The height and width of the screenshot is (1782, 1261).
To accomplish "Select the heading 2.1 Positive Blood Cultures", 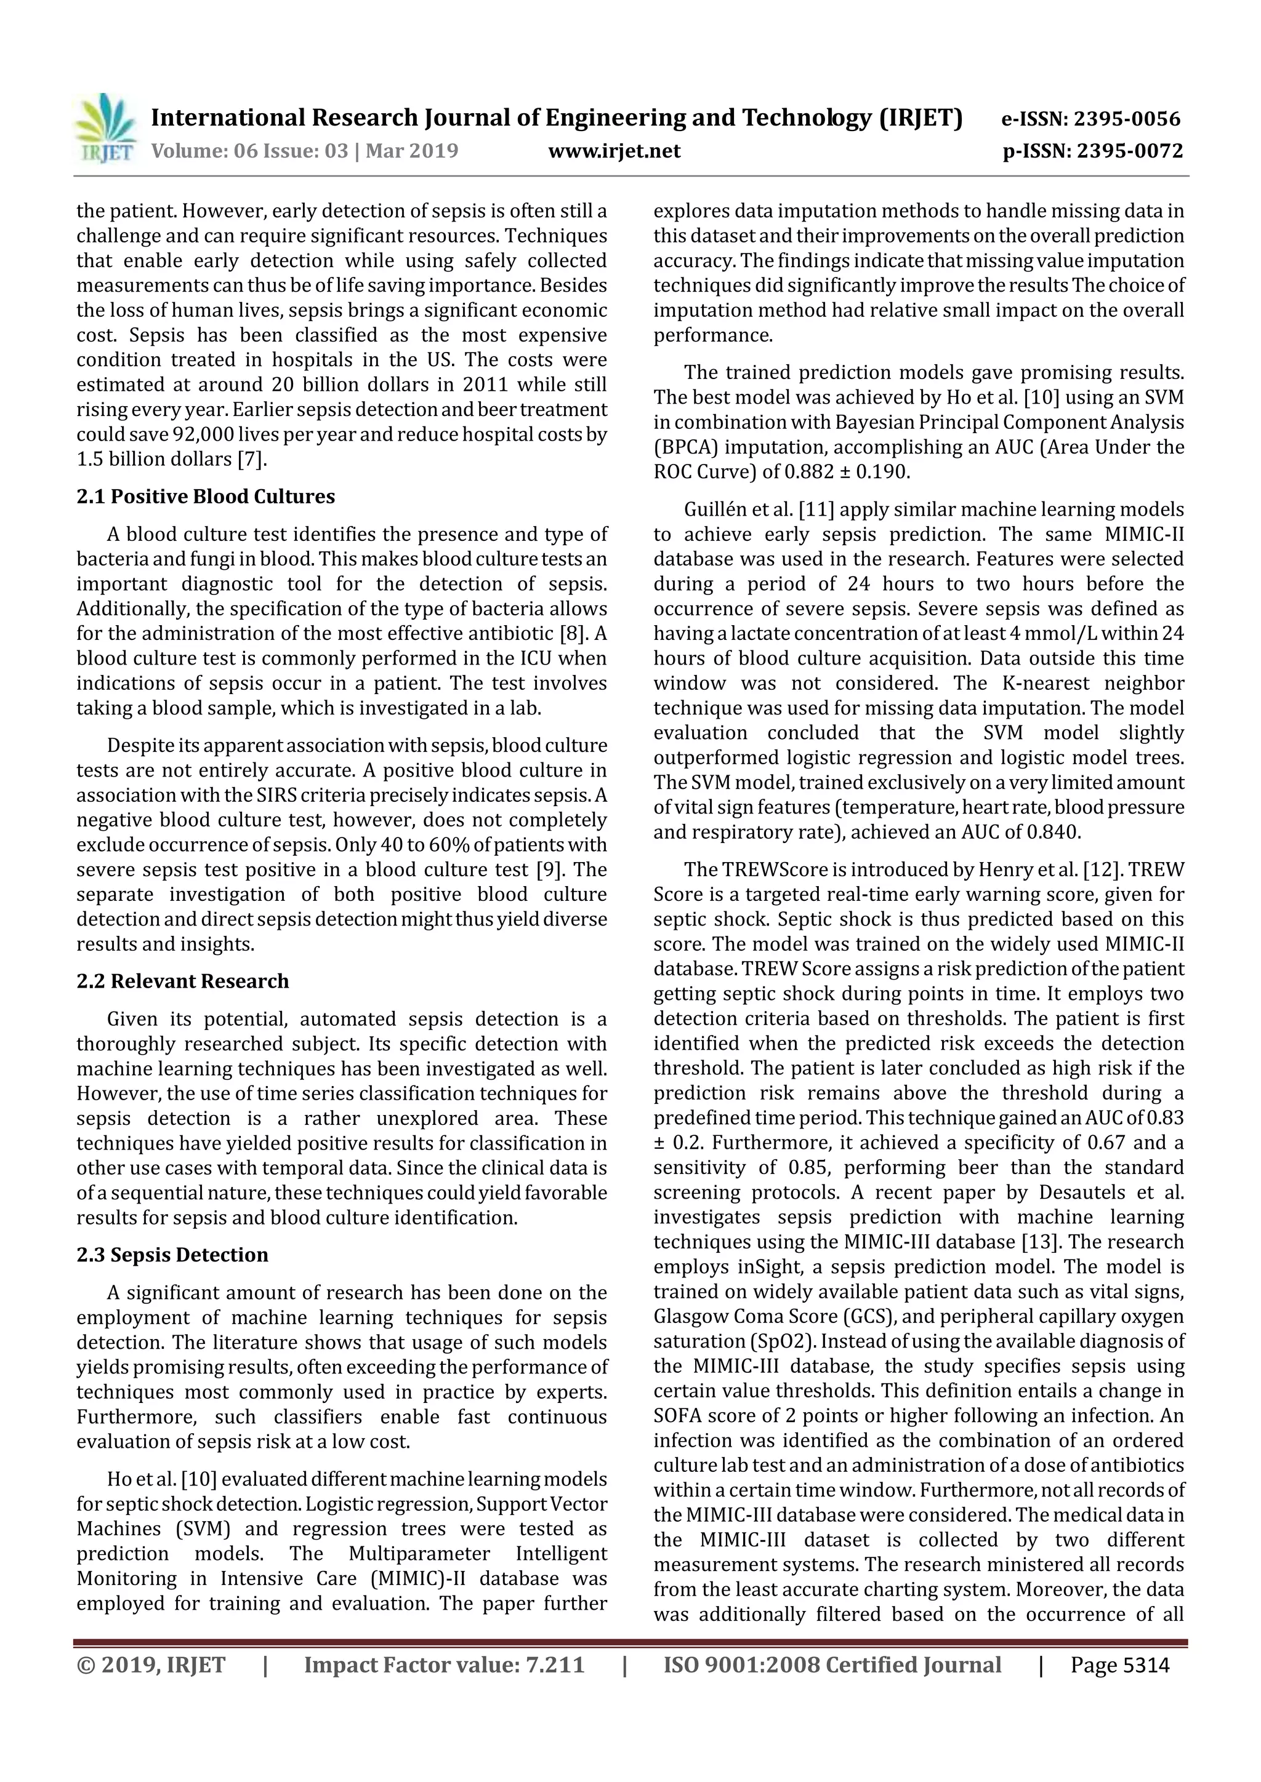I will click(x=206, y=497).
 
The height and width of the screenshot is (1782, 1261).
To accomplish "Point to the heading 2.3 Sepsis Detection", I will click(x=172, y=1255).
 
